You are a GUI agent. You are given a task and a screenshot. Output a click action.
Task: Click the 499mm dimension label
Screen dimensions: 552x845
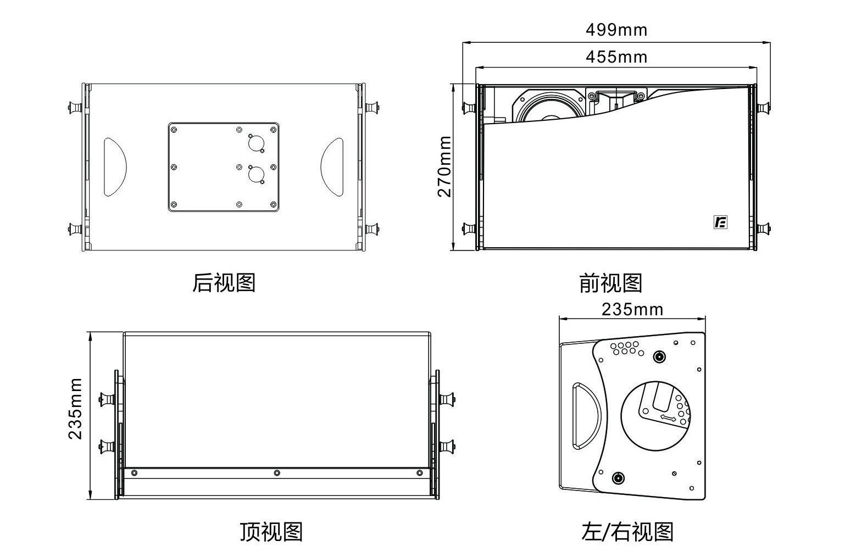pyautogui.click(x=616, y=30)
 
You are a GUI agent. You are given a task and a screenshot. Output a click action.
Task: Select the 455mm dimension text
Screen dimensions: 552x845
pyautogui.click(x=616, y=57)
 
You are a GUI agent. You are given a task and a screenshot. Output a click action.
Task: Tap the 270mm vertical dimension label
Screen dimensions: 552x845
pyautogui.click(x=444, y=166)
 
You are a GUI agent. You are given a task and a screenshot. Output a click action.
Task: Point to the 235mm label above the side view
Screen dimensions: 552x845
pyautogui.click(x=632, y=310)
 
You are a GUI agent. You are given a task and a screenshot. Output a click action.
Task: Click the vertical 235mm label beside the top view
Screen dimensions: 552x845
pyautogui.click(x=75, y=408)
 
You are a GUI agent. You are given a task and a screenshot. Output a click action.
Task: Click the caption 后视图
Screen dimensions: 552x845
pyautogui.click(x=224, y=283)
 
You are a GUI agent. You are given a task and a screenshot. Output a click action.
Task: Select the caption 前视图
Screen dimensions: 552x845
pyautogui.click(x=610, y=283)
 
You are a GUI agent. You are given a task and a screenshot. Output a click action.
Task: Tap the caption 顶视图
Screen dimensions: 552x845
pyautogui.click(x=271, y=532)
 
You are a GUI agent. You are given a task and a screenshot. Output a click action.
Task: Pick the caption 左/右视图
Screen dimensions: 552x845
pyautogui.click(x=627, y=532)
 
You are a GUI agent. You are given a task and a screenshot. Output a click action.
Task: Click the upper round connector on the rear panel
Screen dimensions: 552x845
pyautogui.click(x=255, y=143)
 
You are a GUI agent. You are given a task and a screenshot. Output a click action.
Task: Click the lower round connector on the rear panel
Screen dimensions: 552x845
pyautogui.click(x=255, y=175)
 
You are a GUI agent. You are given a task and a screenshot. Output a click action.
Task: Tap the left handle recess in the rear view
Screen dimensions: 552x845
pyautogui.click(x=115, y=167)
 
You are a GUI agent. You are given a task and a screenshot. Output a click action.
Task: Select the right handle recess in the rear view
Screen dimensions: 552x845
pyautogui.click(x=332, y=167)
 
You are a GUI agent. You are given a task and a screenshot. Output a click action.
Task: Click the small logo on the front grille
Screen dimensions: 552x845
pyautogui.click(x=720, y=222)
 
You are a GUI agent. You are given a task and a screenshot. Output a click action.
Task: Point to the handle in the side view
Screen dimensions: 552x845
pyautogui.click(x=587, y=416)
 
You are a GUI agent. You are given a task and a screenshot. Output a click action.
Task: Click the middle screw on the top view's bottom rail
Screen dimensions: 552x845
pyautogui.click(x=277, y=473)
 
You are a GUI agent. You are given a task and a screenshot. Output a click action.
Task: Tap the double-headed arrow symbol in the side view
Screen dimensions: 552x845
pyautogui.click(x=668, y=419)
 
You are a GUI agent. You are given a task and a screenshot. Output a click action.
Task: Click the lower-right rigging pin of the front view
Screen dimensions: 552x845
pyautogui.click(x=763, y=228)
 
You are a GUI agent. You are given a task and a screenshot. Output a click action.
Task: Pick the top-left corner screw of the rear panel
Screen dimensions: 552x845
pyautogui.click(x=174, y=130)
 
